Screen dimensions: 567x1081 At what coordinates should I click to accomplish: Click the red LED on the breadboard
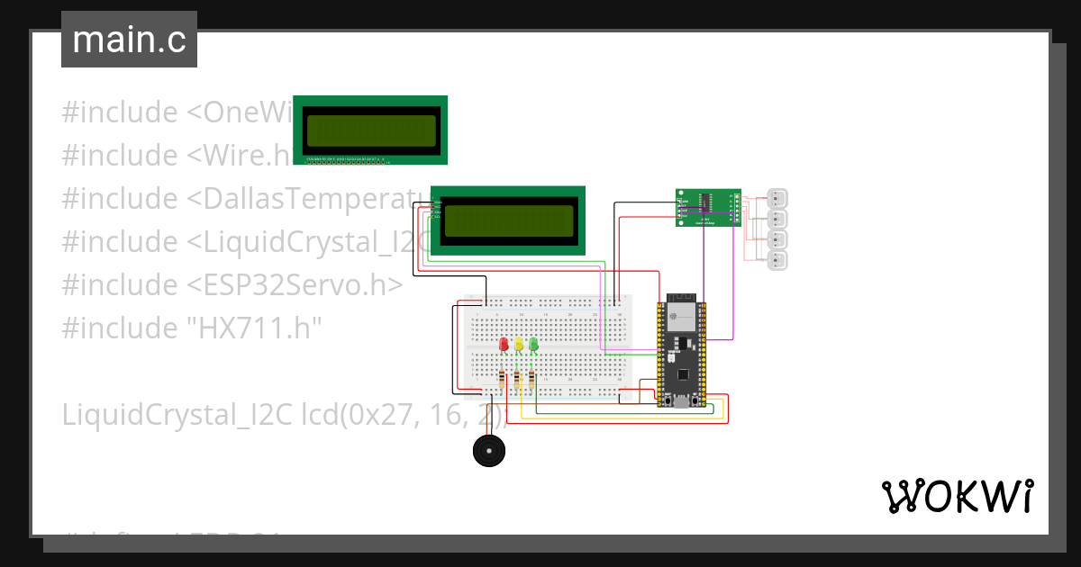pyautogui.click(x=504, y=345)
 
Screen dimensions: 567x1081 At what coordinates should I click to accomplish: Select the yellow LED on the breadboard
pyautogui.click(x=519, y=345)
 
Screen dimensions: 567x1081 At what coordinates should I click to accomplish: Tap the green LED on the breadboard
pyautogui.click(x=533, y=344)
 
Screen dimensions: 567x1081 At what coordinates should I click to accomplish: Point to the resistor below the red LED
pyautogui.click(x=503, y=382)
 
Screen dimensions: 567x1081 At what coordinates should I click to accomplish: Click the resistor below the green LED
pyautogui.click(x=531, y=382)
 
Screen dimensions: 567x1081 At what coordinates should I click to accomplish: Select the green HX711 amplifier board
pyautogui.click(x=709, y=207)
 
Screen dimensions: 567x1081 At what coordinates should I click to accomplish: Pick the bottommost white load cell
pyautogui.click(x=777, y=261)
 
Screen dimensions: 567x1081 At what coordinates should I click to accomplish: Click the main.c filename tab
pyautogui.click(x=129, y=40)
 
